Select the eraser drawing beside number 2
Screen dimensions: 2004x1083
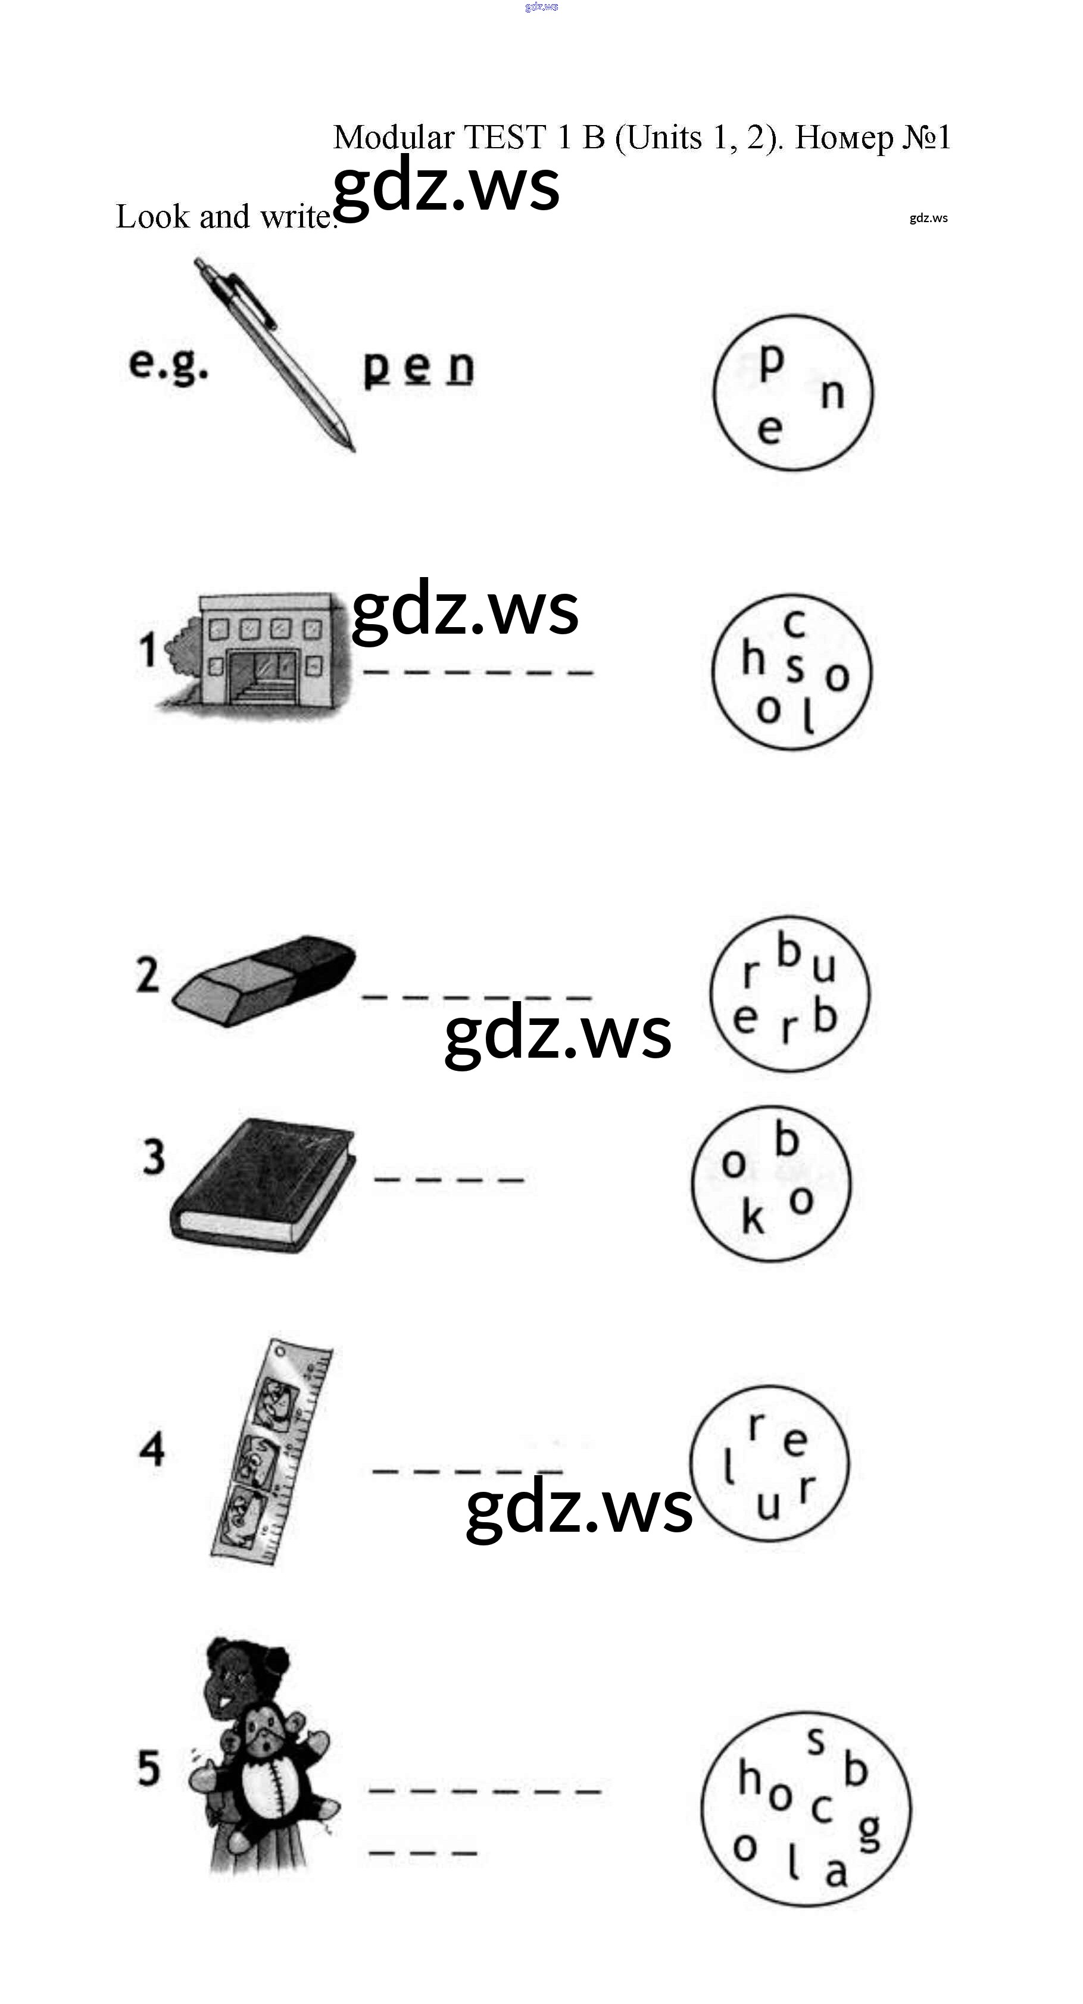263,980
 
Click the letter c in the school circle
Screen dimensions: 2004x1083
794,622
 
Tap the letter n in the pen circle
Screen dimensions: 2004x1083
832,394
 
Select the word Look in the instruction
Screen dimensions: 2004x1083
152,217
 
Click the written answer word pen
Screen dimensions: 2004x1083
419,367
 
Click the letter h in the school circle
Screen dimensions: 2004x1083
753,659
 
